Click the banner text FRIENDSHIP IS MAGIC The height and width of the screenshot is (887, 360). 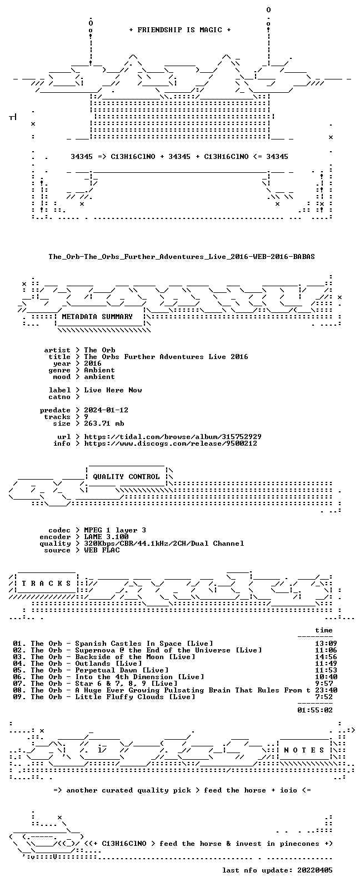click(x=180, y=30)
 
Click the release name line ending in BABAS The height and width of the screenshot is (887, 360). click(x=181, y=257)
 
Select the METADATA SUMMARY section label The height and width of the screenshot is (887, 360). click(x=97, y=317)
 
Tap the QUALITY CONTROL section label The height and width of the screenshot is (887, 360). click(x=126, y=477)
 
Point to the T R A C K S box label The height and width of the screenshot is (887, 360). click(x=46, y=584)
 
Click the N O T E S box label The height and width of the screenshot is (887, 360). click(x=304, y=750)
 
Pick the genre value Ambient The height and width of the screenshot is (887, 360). click(x=99, y=370)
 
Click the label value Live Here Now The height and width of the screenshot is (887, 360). click(x=113, y=390)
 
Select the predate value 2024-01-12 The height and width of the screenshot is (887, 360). click(x=106, y=410)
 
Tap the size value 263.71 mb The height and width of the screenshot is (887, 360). click(x=104, y=423)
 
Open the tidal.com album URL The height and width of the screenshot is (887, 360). click(x=173, y=437)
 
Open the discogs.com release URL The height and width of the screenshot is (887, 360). click(x=171, y=443)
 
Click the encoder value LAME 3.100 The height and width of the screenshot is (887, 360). click(x=106, y=537)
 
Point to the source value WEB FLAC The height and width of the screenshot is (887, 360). click(x=102, y=550)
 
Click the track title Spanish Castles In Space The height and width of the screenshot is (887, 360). click(x=128, y=644)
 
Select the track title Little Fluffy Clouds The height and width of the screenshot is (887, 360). click(x=119, y=696)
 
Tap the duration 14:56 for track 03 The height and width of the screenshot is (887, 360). click(x=326, y=657)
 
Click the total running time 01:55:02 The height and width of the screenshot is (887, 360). click(x=315, y=710)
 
